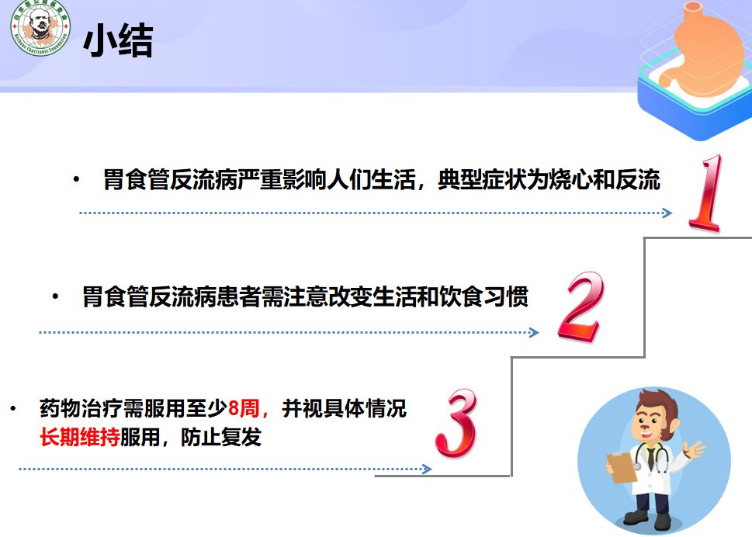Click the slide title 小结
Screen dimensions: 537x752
pyautogui.click(x=118, y=41)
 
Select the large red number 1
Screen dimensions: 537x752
pyautogui.click(x=707, y=193)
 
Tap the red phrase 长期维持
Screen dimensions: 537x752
pyautogui.click(x=79, y=437)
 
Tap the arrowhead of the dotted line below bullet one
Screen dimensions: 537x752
pyautogui.click(x=668, y=213)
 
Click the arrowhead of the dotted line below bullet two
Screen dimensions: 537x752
pyautogui.click(x=534, y=333)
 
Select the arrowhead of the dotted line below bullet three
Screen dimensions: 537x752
pyautogui.click(x=427, y=469)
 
